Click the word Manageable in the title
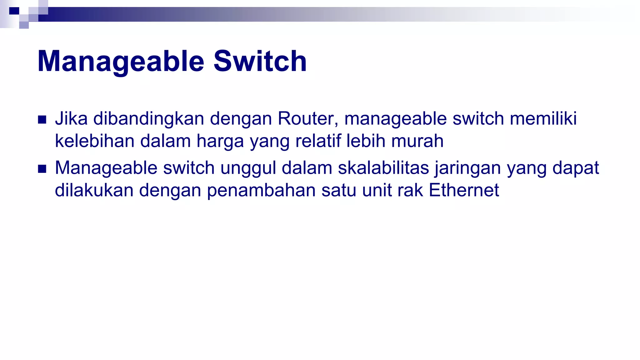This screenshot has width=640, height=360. [x=121, y=61]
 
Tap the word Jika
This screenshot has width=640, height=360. [x=71, y=119]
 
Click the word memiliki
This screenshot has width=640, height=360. [x=543, y=119]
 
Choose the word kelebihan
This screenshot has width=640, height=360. [x=94, y=141]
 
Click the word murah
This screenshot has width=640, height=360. [x=417, y=141]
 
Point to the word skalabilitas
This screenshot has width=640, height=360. [x=383, y=168]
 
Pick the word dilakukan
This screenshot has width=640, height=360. [x=94, y=190]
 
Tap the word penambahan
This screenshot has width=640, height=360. [x=261, y=190]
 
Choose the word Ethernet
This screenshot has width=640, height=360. [x=464, y=190]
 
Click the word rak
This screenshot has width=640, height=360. [x=410, y=190]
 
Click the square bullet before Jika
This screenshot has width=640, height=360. [x=42, y=120]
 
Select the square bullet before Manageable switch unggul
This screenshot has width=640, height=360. [x=42, y=169]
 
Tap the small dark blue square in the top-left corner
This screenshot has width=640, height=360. [x=14, y=11]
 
